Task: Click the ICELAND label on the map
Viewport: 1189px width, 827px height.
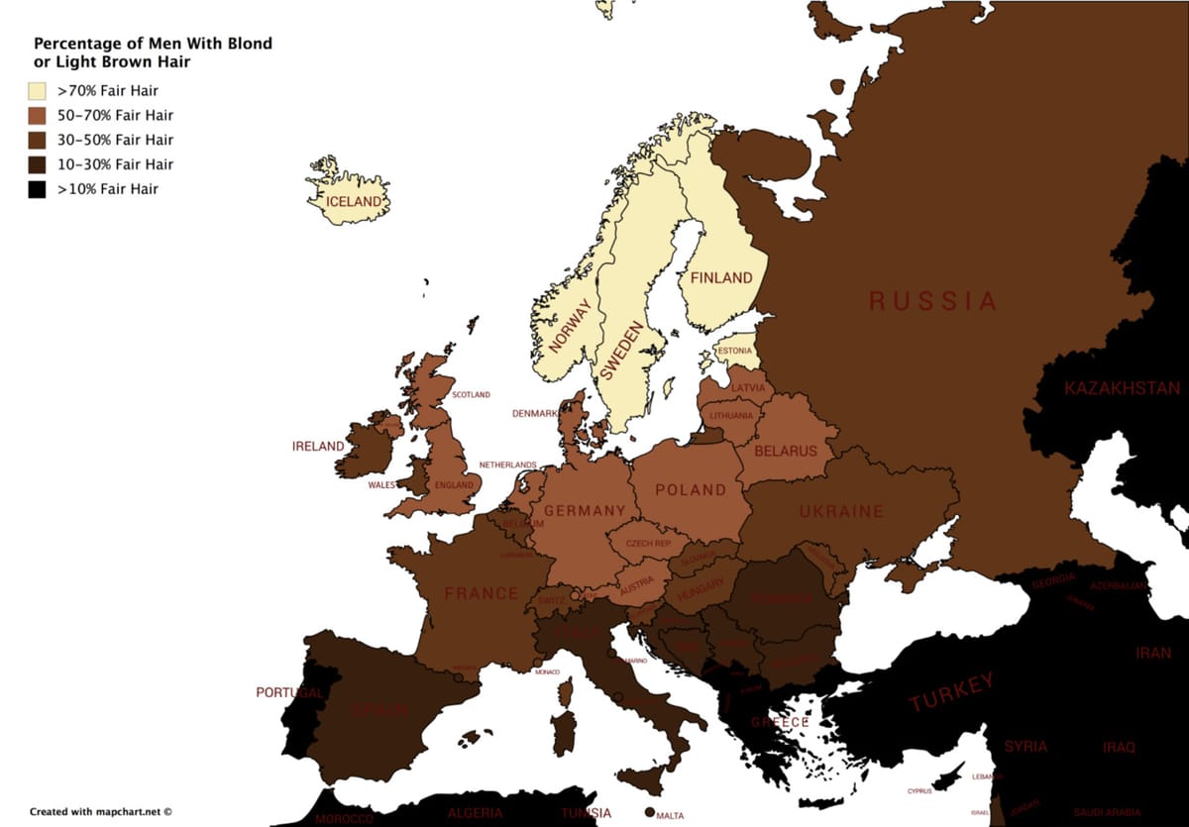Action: point(355,202)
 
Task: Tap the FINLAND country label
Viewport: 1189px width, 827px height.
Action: point(721,278)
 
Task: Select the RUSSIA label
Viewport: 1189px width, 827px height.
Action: point(932,301)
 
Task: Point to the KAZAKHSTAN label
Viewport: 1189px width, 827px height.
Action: point(1123,388)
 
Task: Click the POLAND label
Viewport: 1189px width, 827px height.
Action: point(691,489)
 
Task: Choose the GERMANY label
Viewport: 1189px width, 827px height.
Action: point(585,511)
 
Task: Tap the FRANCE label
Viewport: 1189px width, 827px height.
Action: point(482,593)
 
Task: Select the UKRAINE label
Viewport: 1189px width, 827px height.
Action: point(841,512)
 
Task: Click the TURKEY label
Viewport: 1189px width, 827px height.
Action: point(950,692)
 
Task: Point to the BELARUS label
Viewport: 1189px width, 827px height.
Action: point(786,451)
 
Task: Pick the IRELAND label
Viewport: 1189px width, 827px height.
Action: point(318,447)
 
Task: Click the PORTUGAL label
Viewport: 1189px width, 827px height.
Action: point(289,692)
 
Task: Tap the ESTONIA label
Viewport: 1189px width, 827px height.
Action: point(734,351)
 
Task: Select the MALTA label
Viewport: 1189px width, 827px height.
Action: point(670,816)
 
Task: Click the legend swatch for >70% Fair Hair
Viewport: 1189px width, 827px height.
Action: point(38,91)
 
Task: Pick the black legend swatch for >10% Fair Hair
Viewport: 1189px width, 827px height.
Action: point(38,189)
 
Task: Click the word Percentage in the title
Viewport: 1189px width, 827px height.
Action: point(79,44)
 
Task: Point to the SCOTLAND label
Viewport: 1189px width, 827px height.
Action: point(471,394)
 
